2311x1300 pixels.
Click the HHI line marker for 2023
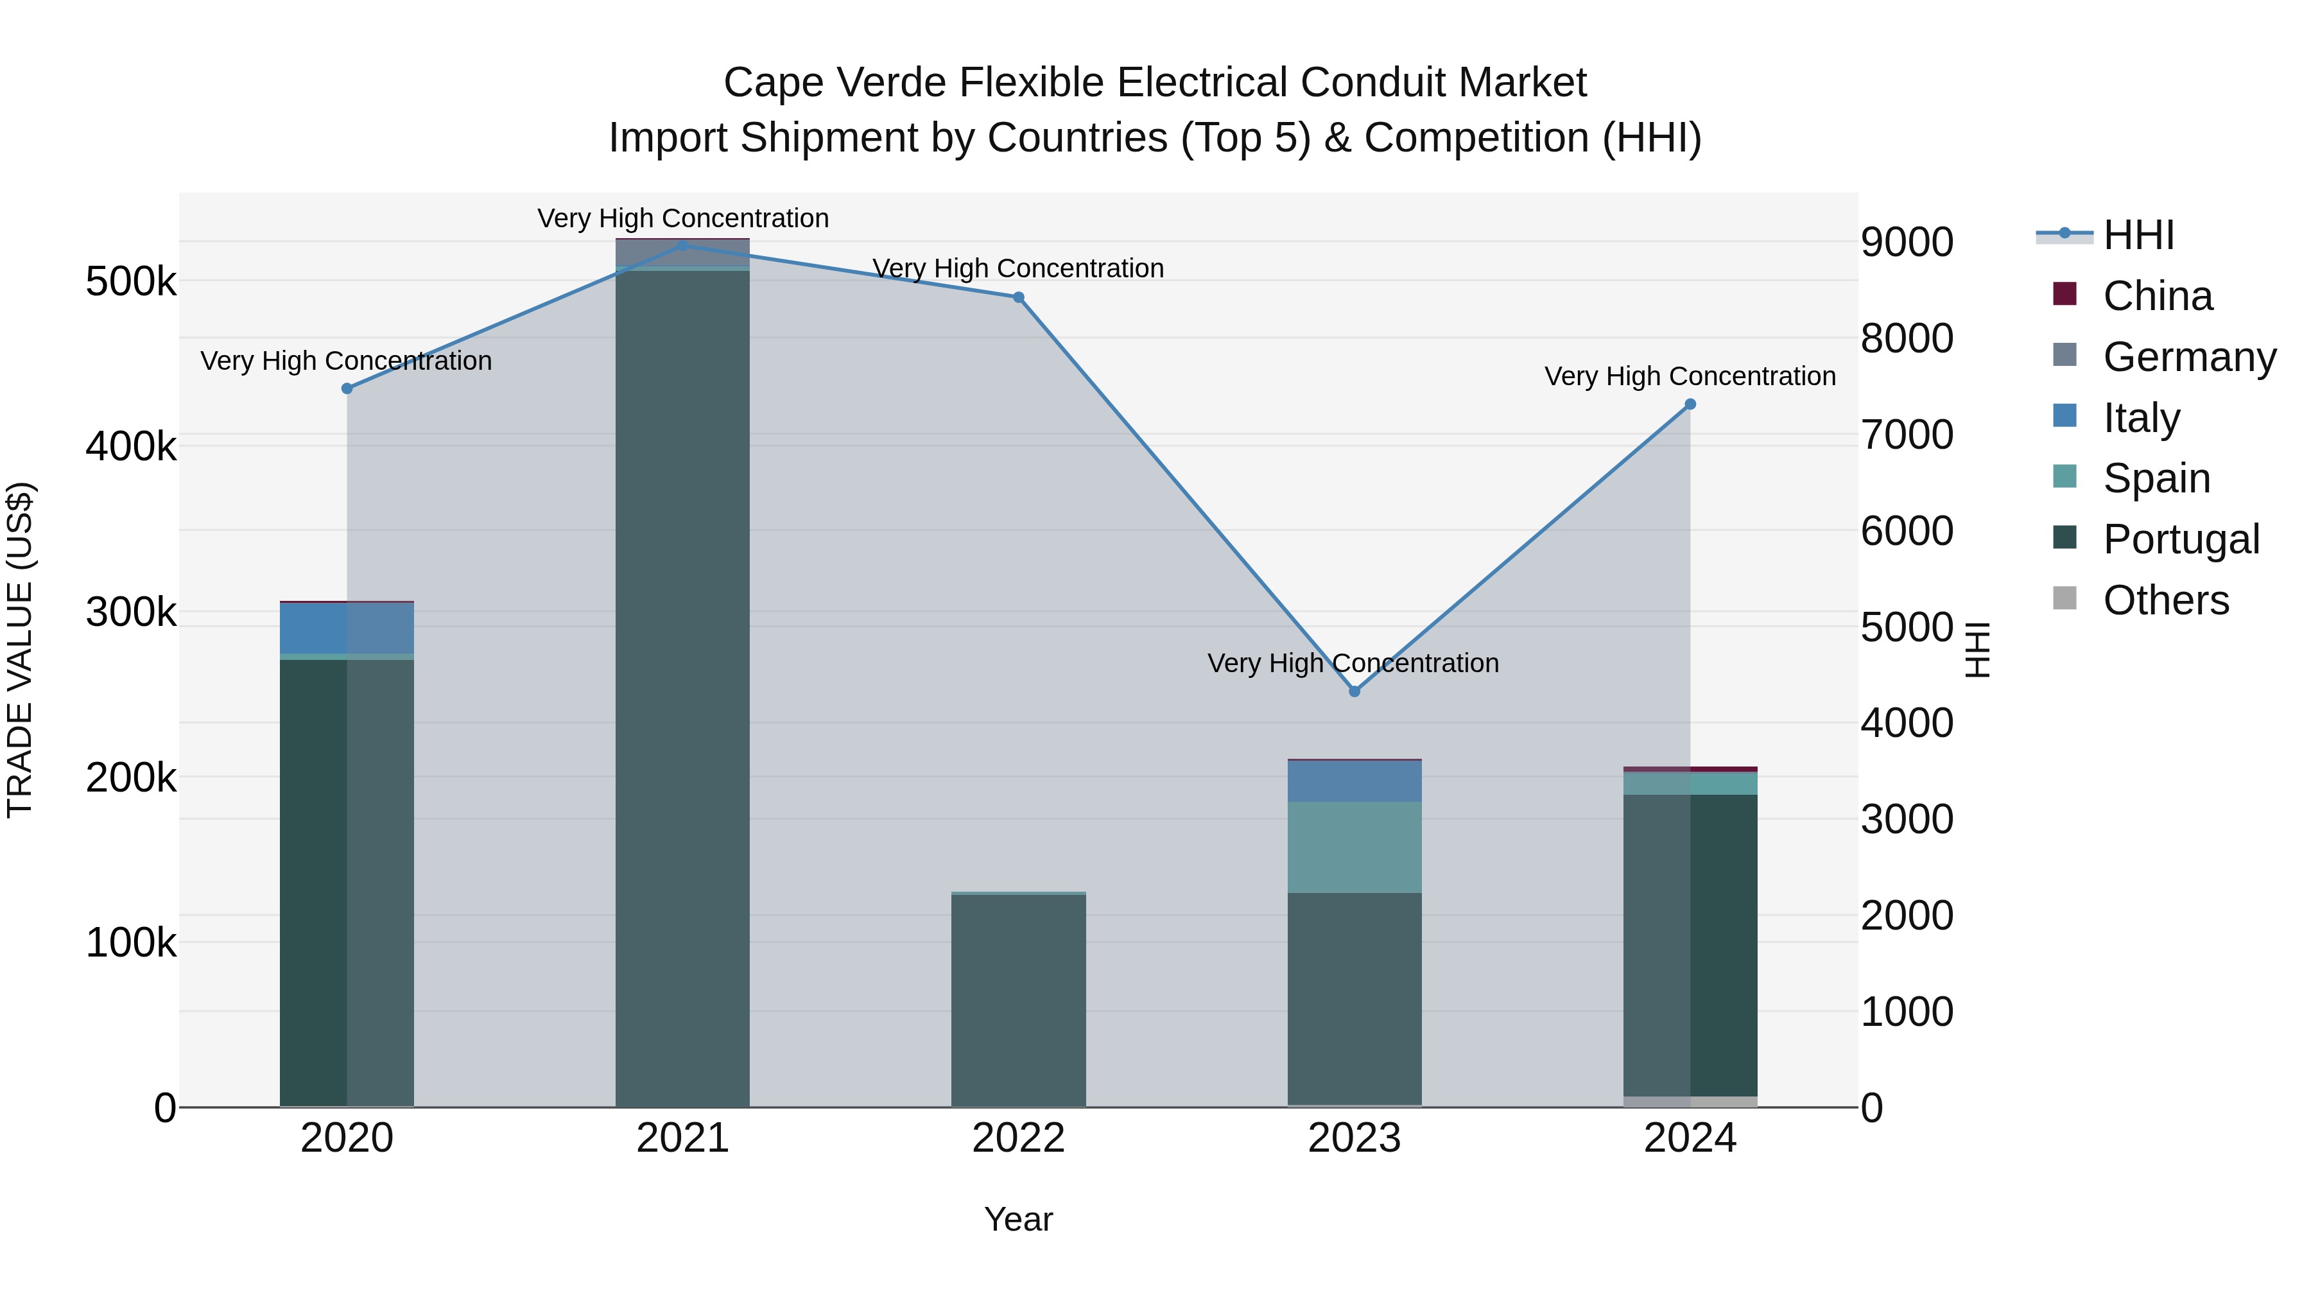click(x=1354, y=691)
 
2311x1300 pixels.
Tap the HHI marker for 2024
click(x=1690, y=404)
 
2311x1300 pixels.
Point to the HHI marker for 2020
click(x=347, y=388)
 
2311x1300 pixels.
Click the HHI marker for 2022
click(x=1018, y=297)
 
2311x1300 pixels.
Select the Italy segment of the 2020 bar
click(x=347, y=628)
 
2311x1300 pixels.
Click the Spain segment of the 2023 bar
click(x=1354, y=847)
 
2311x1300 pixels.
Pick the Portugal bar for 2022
click(x=1018, y=1000)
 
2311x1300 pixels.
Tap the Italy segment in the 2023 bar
click(x=1354, y=781)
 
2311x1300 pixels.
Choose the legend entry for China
click(x=2157, y=296)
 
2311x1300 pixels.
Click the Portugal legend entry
click(x=2180, y=539)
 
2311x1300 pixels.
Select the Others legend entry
click(x=2165, y=600)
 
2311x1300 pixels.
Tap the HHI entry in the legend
click(x=2137, y=235)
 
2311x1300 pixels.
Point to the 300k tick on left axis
click(x=131, y=613)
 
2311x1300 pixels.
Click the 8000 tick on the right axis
click(x=1907, y=339)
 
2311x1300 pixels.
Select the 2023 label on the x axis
click(x=1354, y=1138)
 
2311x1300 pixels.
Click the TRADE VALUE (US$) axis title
click(x=20, y=650)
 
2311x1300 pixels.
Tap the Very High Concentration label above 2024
click(x=1690, y=376)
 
